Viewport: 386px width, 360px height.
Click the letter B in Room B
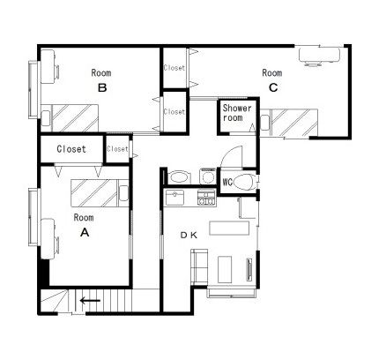click(102, 87)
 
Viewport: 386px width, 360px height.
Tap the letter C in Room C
click(273, 87)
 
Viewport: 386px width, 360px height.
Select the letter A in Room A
click(85, 233)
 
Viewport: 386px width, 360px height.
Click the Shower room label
click(237, 113)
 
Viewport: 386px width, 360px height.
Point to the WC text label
click(227, 183)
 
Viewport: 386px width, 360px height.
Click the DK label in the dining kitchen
click(189, 235)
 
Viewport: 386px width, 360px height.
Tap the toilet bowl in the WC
click(244, 183)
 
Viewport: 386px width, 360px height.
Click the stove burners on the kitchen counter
click(206, 198)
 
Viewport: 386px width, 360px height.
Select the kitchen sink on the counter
click(174, 198)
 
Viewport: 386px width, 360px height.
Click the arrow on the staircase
click(90, 301)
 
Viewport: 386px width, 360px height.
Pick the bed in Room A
click(100, 193)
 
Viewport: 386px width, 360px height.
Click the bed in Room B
click(70, 118)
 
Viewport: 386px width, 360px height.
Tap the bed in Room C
click(289, 123)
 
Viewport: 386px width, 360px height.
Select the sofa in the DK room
click(199, 266)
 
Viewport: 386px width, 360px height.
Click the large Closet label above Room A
click(71, 149)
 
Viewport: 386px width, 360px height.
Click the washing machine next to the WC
click(208, 176)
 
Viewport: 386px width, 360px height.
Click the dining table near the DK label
click(229, 229)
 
